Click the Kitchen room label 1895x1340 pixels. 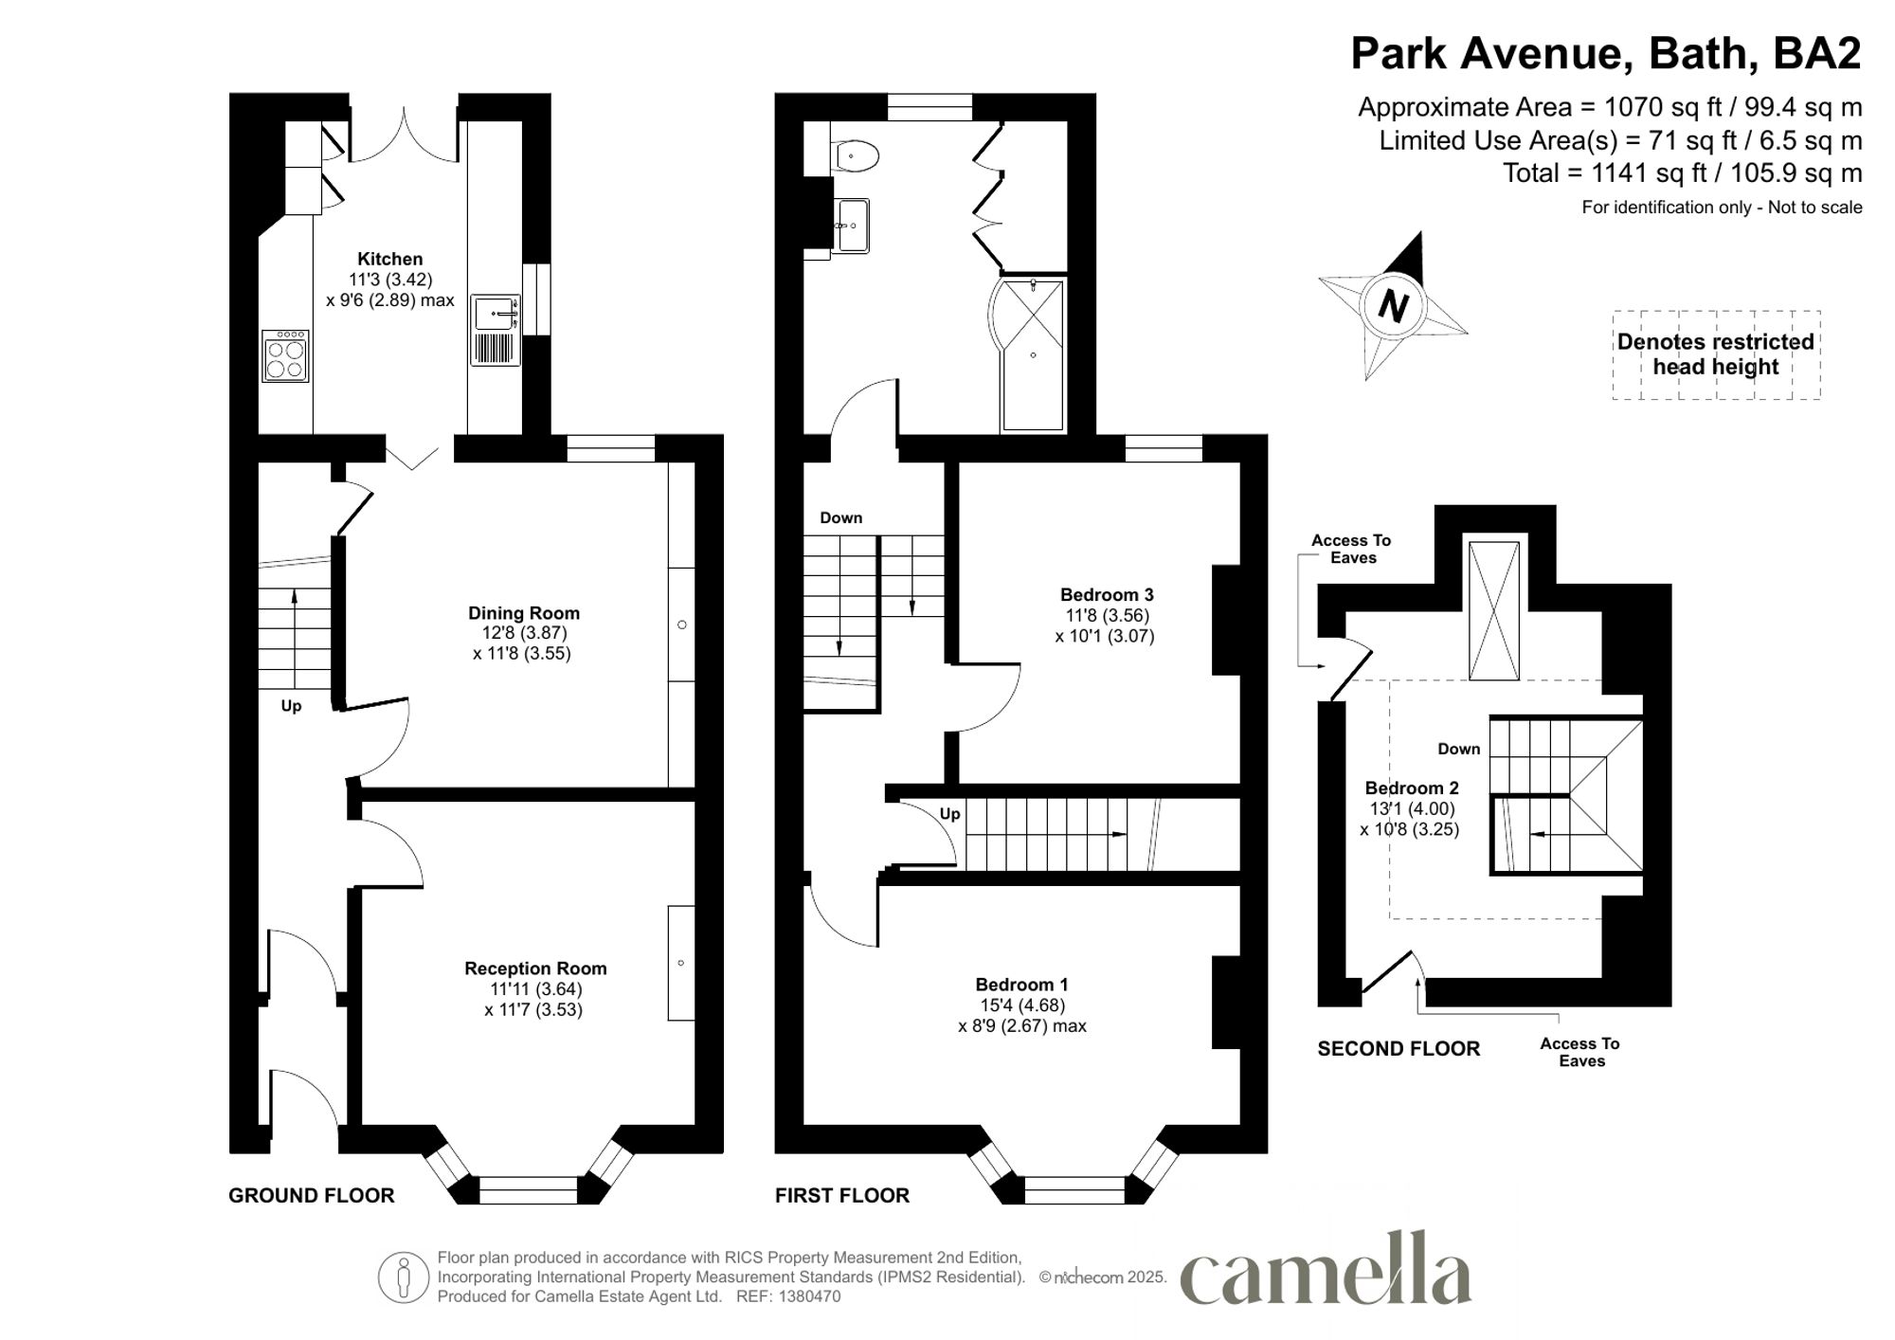389,259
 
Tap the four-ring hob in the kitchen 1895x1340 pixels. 285,356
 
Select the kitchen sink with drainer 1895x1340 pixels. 496,330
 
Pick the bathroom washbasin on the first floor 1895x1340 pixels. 853,226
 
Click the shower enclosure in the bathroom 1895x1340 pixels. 1033,353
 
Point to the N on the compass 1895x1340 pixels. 1393,306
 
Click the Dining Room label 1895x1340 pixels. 523,613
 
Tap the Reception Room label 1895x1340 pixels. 535,969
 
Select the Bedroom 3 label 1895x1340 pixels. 1106,595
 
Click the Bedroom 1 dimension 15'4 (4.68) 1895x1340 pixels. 1021,1005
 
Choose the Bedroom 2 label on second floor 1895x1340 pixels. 1411,788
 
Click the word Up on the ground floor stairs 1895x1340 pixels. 291,706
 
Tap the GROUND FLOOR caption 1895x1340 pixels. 311,1196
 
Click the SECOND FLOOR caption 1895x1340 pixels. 1398,1049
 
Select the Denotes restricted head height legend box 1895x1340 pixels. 1715,354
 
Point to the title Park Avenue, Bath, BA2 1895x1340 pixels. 1605,54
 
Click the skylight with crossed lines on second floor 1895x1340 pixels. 1493,610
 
